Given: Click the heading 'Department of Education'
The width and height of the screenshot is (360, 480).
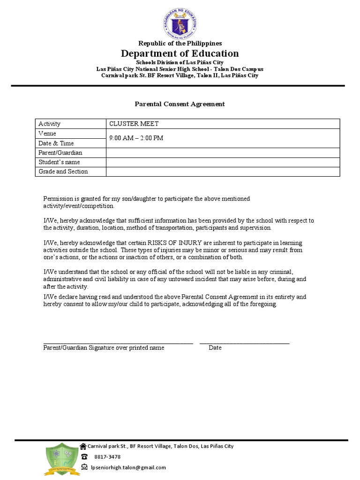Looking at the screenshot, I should click(180, 53).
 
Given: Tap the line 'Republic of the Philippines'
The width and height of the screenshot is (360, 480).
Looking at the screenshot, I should click(180, 43).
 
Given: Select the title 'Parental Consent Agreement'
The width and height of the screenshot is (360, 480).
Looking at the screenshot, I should click(180, 104).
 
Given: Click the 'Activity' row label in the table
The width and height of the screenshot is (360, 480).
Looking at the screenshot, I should click(49, 124).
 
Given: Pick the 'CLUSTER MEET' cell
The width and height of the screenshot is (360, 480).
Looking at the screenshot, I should click(134, 124).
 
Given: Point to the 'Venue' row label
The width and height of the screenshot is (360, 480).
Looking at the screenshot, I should click(47, 134).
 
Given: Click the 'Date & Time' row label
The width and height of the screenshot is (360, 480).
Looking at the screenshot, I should click(56, 143).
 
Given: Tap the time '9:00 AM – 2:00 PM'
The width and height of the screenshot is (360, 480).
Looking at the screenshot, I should click(136, 138).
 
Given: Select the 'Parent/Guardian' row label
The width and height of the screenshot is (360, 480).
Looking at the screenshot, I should click(60, 153).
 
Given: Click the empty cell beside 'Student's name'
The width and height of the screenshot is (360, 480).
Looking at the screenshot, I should click(223, 162).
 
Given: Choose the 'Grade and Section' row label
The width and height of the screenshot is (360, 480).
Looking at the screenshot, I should click(63, 172).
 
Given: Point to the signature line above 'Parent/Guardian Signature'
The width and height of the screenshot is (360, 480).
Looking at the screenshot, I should click(118, 343).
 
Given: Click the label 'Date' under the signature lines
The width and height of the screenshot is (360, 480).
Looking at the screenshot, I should click(215, 348).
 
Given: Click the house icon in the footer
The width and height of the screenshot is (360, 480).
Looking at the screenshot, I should click(83, 446).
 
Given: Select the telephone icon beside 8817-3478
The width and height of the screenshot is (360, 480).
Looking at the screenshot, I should click(84, 457).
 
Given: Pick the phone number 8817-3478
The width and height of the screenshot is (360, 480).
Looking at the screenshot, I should click(107, 457).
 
